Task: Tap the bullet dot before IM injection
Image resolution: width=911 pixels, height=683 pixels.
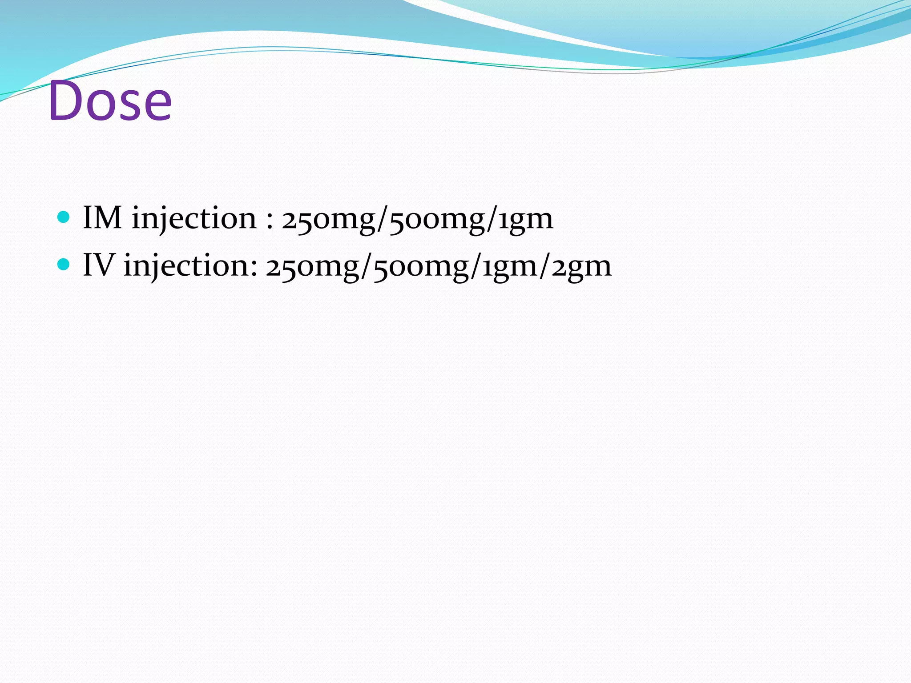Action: [64, 217]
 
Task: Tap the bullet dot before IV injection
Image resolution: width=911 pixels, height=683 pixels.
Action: [64, 265]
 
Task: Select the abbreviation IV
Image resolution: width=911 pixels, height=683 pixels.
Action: [99, 265]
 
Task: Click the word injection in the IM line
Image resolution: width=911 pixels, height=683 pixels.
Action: [194, 219]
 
